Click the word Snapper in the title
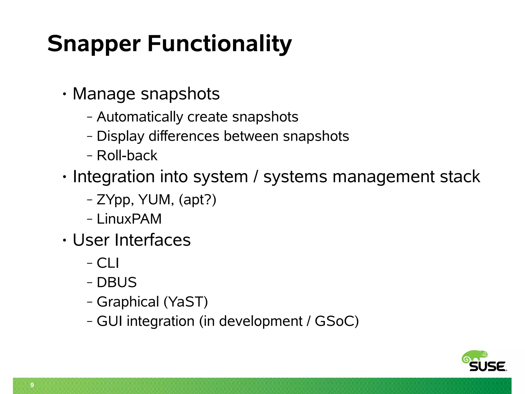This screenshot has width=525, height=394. coord(94,44)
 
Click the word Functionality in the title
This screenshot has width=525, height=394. coord(220,44)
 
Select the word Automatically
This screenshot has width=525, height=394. coord(140,117)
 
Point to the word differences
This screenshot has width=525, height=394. coord(184,136)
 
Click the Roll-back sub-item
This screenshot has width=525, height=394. coord(127,155)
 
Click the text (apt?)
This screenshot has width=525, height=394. coord(197,200)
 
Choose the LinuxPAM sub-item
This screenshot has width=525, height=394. coord(129,219)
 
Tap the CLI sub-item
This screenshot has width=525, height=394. coord(108,263)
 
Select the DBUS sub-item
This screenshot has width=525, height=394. coord(117,282)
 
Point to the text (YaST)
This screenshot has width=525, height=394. coord(186,302)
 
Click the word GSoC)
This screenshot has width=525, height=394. coord(337,321)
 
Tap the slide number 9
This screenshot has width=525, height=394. coord(32,385)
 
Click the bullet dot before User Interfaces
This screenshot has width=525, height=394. coord(65,240)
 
